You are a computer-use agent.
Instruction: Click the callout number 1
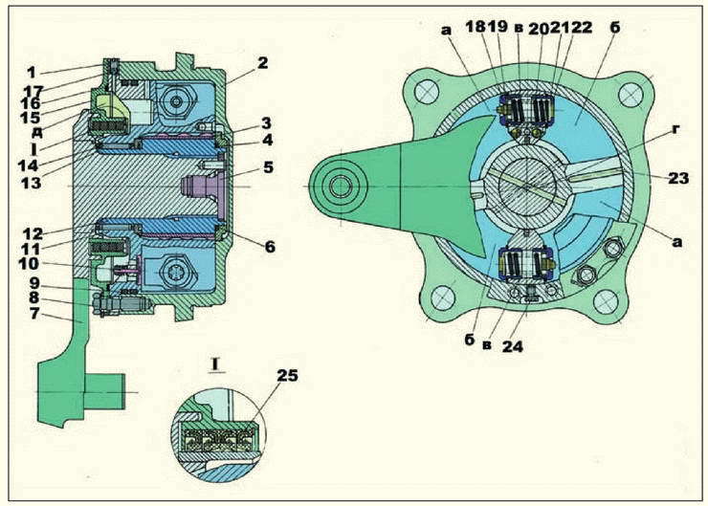[31, 73]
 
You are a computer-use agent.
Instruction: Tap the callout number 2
[262, 63]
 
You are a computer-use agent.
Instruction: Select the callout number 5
[268, 167]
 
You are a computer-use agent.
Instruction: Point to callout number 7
[34, 313]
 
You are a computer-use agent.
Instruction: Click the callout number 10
[29, 263]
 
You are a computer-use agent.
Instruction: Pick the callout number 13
[31, 183]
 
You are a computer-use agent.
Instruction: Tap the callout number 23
[678, 178]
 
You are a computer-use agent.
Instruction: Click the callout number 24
[513, 346]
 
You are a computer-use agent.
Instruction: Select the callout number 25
[287, 375]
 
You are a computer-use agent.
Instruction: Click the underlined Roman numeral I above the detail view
[215, 363]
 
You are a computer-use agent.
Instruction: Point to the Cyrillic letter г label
[675, 129]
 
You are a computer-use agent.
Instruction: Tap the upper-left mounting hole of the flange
[426, 93]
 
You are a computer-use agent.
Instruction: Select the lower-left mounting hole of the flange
[443, 298]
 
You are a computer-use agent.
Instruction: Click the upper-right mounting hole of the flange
[631, 96]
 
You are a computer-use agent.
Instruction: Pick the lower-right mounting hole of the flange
[606, 302]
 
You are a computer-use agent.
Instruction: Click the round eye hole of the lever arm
[340, 187]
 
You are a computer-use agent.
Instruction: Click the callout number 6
[270, 247]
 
